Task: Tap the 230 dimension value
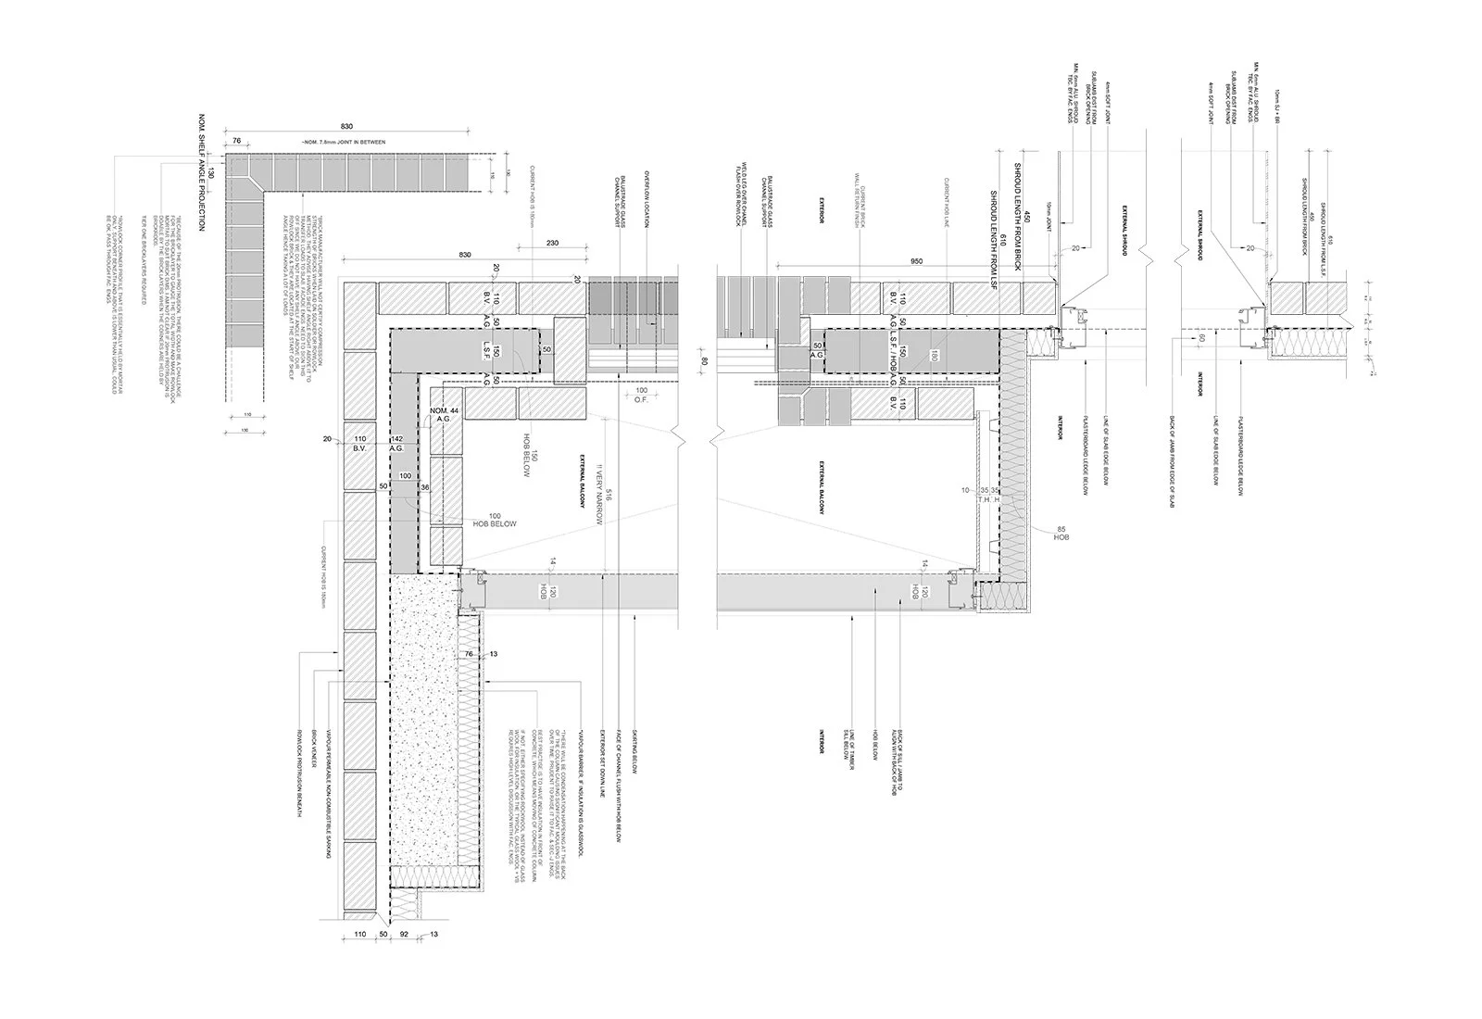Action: pyautogui.click(x=553, y=243)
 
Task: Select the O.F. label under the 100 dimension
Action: pyautogui.click(x=641, y=400)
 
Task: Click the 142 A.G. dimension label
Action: pyautogui.click(x=397, y=443)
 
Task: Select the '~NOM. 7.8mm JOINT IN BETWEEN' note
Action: pyautogui.click(x=343, y=141)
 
